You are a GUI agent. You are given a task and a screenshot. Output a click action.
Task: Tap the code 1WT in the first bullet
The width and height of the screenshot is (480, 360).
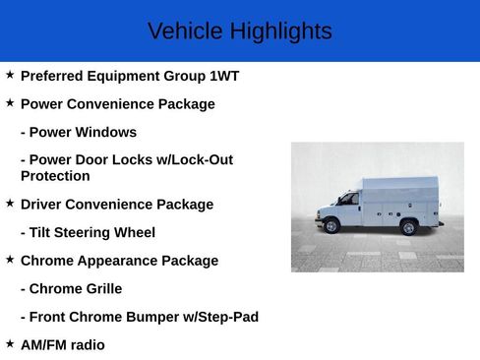pos(224,76)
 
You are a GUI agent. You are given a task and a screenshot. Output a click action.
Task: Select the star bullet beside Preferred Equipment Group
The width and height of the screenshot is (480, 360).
pos(10,75)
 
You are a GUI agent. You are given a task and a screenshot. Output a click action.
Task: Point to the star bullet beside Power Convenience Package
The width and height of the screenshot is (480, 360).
pos(10,102)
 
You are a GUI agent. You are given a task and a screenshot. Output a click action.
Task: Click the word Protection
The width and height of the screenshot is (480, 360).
pos(55,176)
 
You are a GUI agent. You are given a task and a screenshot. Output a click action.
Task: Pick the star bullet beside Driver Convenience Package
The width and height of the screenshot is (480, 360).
pos(10,204)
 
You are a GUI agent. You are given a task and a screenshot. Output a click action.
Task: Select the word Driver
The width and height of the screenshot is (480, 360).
pos(43,205)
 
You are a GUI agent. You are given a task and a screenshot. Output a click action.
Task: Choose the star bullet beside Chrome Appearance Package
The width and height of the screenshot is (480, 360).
pos(10,260)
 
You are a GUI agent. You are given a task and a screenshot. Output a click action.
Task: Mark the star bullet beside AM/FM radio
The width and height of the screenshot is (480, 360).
pos(10,344)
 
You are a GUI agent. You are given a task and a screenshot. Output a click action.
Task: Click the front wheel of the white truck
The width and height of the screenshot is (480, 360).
pos(331,225)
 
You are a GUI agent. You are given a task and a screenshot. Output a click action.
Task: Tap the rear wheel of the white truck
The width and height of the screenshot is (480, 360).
pos(408,227)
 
